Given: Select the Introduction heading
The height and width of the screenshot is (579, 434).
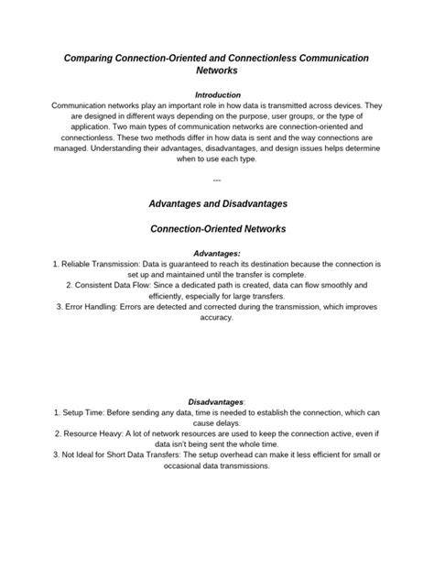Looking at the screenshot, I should pyautogui.click(x=217, y=94).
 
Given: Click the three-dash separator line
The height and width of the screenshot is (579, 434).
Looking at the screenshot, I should pyautogui.click(x=217, y=180).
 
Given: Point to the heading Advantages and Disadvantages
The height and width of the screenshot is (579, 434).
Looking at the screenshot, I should pyautogui.click(x=217, y=202).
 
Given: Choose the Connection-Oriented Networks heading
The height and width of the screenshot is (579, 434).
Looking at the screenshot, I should pyautogui.click(x=217, y=227).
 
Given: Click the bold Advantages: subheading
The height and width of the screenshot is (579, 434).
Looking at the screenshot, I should pyautogui.click(x=217, y=252).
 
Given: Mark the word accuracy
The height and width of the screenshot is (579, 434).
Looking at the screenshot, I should pyautogui.click(x=217, y=318).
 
